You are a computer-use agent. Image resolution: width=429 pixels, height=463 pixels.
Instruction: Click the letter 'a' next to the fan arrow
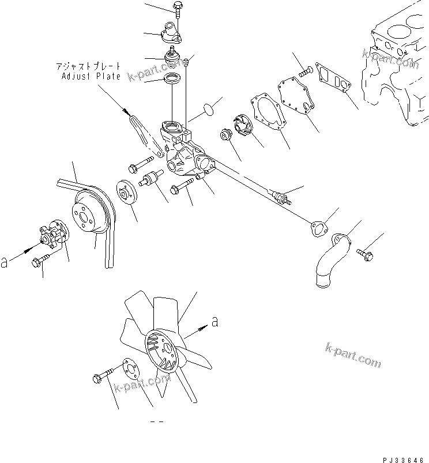[215, 322]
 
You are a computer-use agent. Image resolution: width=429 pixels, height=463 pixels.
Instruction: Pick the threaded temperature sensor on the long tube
[282, 197]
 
